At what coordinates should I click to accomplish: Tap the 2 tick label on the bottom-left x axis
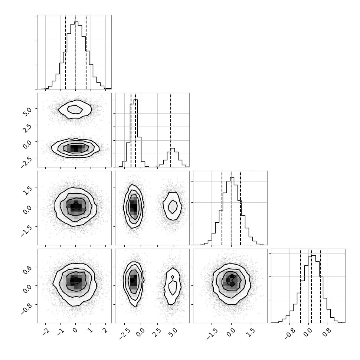coord(106,330)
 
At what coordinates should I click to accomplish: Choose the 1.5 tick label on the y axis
coord(27,190)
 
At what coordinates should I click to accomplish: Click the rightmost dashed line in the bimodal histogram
coord(171,130)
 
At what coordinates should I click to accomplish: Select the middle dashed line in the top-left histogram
coord(76,52)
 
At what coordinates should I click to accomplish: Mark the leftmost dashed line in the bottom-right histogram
coord(301,286)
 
